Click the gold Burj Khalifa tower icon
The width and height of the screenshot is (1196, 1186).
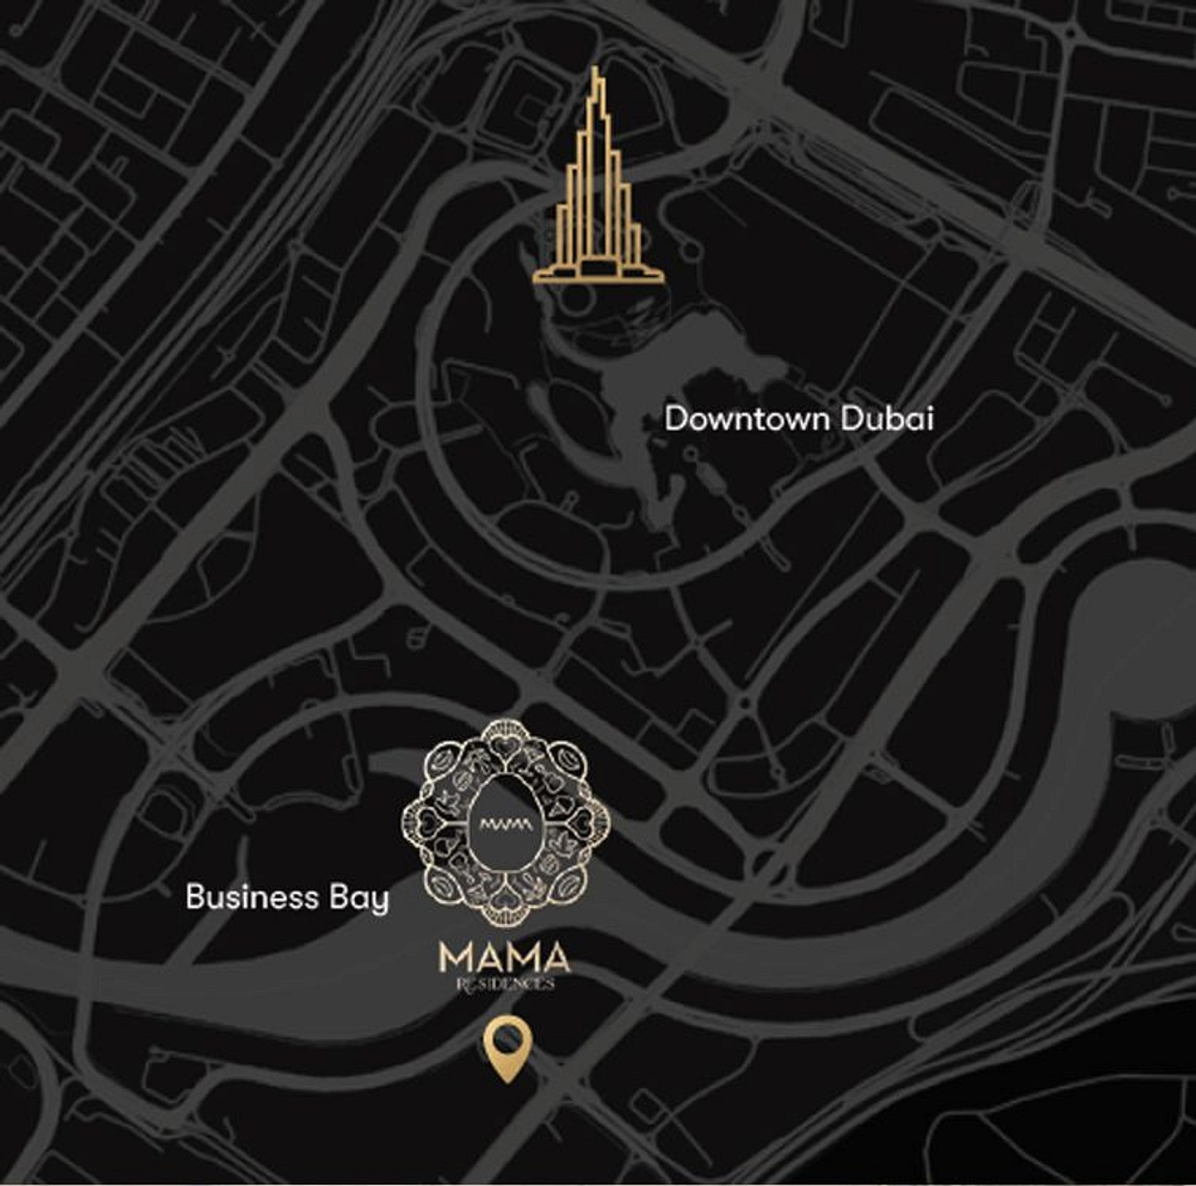[598, 198]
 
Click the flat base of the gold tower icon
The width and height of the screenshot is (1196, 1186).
[598, 277]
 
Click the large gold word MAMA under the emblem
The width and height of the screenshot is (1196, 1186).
[504, 958]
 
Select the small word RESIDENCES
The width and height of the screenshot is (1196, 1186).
[504, 983]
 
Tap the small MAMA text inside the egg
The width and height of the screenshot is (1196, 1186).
[506, 824]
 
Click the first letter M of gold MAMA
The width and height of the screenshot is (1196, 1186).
[455, 958]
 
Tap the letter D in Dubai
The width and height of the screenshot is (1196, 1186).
[851, 419]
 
